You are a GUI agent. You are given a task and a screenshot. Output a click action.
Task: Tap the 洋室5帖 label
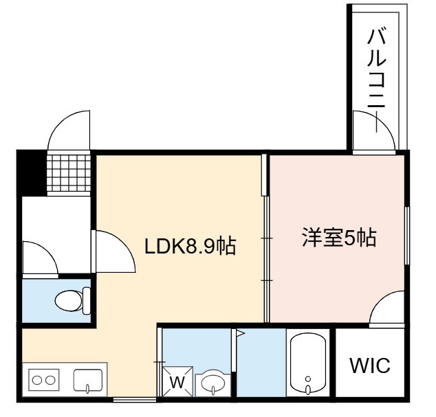[340, 238]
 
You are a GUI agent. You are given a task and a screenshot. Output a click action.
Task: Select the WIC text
[370, 365]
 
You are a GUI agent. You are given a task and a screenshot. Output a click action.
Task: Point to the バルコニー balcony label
[376, 80]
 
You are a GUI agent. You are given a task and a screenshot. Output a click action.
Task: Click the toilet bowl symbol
[73, 301]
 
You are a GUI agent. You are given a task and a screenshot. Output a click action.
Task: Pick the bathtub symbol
[308, 363]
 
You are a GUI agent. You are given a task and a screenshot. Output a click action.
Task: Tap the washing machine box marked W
[177, 382]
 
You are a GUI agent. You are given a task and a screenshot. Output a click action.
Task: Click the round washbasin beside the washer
[213, 383]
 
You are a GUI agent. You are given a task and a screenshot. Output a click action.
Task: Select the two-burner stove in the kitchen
[43, 380]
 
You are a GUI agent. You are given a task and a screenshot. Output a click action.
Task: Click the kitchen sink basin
[88, 381]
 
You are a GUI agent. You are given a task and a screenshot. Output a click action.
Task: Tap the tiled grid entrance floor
[69, 173]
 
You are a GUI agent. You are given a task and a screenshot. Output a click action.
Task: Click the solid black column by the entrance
[32, 173]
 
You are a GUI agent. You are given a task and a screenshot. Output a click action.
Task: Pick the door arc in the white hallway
[48, 249]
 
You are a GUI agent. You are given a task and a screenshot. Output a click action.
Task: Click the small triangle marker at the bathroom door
[240, 333]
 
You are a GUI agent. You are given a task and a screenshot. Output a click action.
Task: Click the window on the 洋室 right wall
[407, 235]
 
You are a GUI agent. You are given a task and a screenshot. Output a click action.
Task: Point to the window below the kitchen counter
[135, 400]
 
